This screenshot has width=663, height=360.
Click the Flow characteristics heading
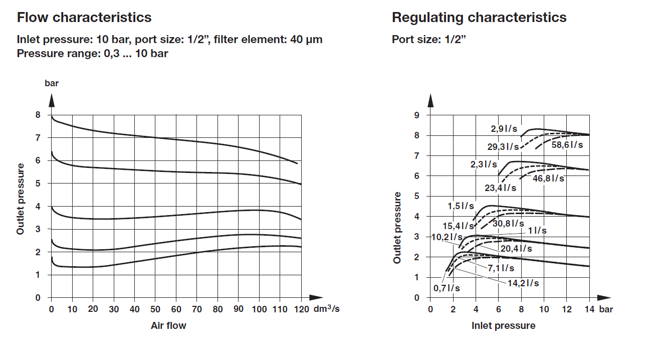[x=84, y=18]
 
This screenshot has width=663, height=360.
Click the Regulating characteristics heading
[x=479, y=18]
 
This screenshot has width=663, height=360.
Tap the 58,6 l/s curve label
[x=567, y=144]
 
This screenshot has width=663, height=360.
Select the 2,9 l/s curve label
[x=504, y=129]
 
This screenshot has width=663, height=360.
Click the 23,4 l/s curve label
[x=500, y=188]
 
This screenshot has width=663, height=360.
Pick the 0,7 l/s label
[x=447, y=288]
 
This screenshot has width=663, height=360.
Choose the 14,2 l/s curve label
[x=523, y=283]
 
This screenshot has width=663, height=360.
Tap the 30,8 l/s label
[x=508, y=224]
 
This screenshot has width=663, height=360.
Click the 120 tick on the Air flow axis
[x=302, y=309]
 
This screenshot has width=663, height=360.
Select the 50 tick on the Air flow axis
[x=155, y=309]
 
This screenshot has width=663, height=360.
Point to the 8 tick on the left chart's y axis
[x=37, y=115]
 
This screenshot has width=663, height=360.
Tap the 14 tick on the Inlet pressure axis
[x=589, y=309]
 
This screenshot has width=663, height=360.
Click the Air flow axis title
[x=168, y=326]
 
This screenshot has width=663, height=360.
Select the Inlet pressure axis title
[x=503, y=326]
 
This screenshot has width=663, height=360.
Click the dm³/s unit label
[x=327, y=309]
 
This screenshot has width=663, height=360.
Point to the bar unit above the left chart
[x=52, y=83]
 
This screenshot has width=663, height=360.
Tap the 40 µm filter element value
[x=306, y=40]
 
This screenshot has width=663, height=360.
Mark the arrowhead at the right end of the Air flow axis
[x=316, y=297]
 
